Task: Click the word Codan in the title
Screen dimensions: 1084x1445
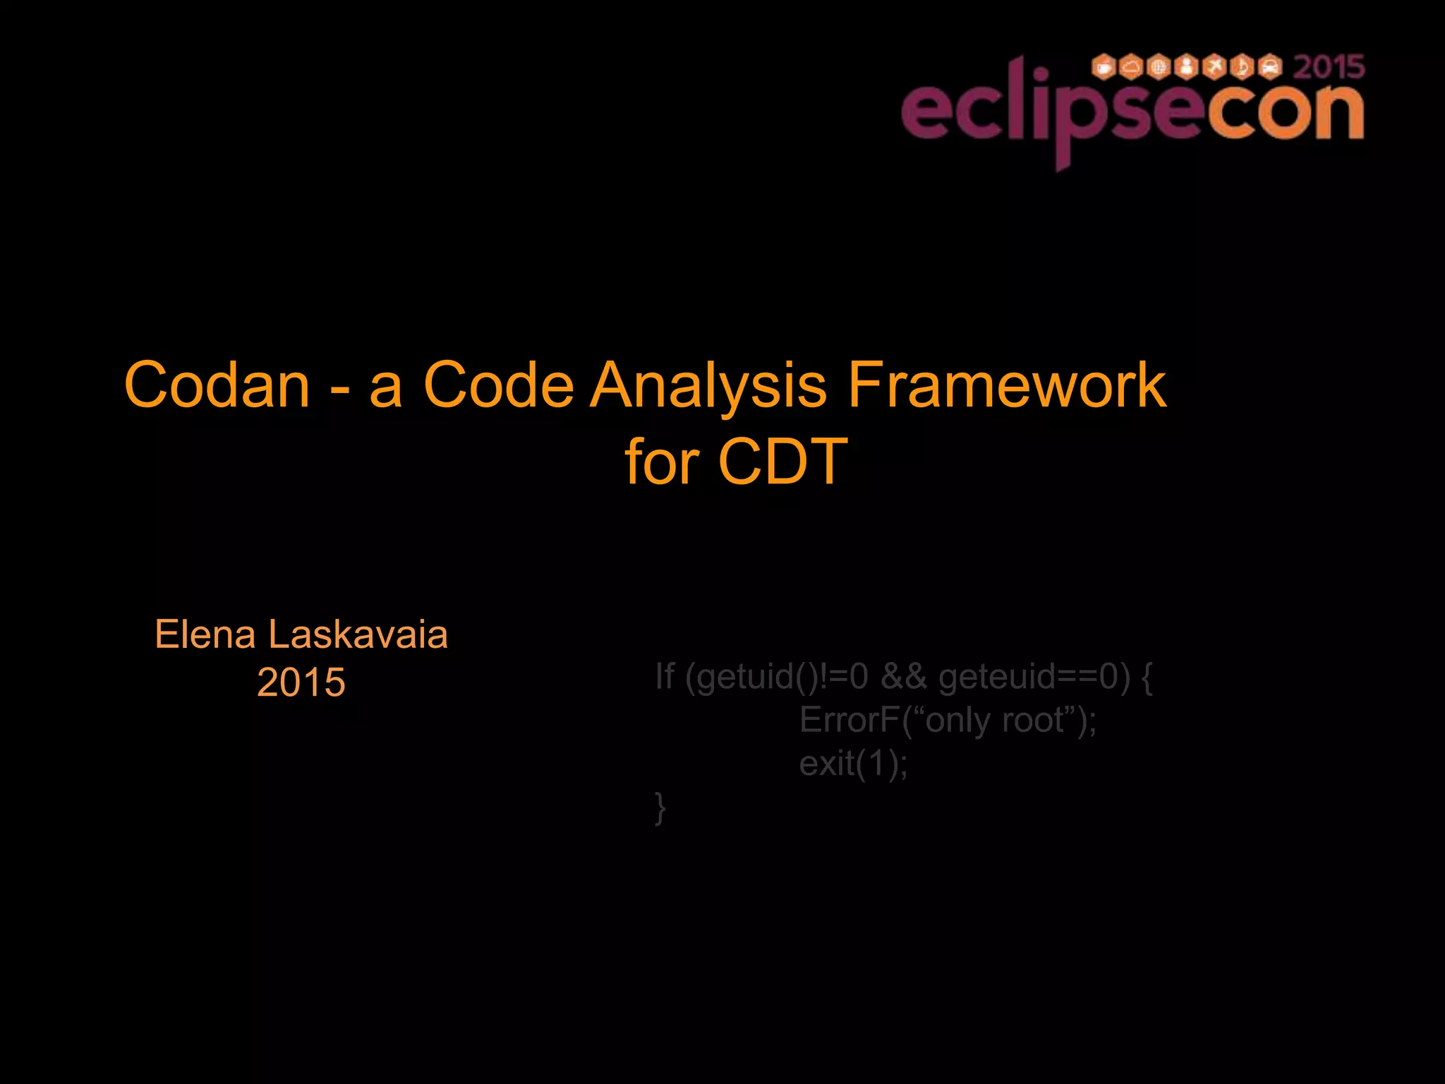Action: [x=217, y=385]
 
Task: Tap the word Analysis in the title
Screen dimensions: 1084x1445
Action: [x=708, y=387]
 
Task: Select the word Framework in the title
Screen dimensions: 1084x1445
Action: [x=1006, y=385]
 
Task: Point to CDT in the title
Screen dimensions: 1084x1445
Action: [x=782, y=462]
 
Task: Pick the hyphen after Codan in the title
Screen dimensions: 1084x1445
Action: [x=339, y=390]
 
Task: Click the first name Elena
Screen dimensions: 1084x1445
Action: [x=205, y=634]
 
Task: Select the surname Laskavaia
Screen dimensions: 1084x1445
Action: [x=358, y=634]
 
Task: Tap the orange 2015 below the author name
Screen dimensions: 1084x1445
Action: [x=301, y=682]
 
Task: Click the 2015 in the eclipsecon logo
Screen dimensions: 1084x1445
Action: [x=1329, y=68]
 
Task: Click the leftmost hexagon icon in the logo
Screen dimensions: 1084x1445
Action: [x=1103, y=67]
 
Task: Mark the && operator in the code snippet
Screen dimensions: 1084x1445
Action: [x=903, y=676]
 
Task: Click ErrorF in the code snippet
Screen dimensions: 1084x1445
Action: [x=850, y=721]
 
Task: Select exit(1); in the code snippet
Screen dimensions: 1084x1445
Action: [x=853, y=764]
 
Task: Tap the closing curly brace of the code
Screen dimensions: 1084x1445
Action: [x=660, y=807]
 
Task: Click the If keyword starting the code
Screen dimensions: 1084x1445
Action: [x=665, y=676]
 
